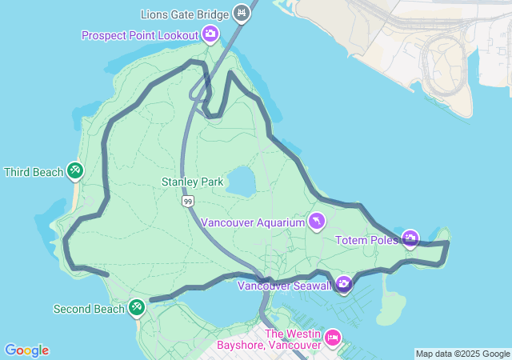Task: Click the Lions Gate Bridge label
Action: pos(185,14)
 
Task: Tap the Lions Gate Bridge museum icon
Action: pos(242,14)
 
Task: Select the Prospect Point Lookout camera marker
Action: pos(210,34)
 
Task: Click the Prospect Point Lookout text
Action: pos(140,35)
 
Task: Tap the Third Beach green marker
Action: pos(74,170)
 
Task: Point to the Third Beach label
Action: pos(34,172)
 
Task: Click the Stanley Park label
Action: pos(192,182)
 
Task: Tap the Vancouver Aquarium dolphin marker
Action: pos(317,221)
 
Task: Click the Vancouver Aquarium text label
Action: pos(253,222)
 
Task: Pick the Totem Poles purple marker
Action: pos(410,238)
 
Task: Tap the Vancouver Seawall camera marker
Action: pos(343,284)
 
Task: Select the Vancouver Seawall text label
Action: pos(285,286)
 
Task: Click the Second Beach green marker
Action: pos(137,306)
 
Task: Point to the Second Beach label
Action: pos(89,309)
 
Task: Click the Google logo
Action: pos(26,350)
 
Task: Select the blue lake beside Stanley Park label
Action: pos(241,181)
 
